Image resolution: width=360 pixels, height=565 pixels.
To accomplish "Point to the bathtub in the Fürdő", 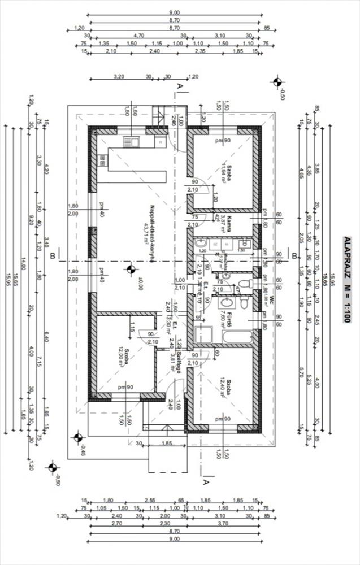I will pyautogui.click(x=238, y=337).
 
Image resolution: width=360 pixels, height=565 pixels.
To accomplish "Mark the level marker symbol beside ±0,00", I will pyautogui.click(x=131, y=270).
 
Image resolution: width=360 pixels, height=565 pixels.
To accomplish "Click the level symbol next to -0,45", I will pyautogui.click(x=78, y=436).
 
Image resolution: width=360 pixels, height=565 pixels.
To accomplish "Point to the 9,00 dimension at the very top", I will pyautogui.click(x=174, y=12).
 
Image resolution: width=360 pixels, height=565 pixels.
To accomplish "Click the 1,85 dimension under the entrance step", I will pyautogui.click(x=166, y=444).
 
